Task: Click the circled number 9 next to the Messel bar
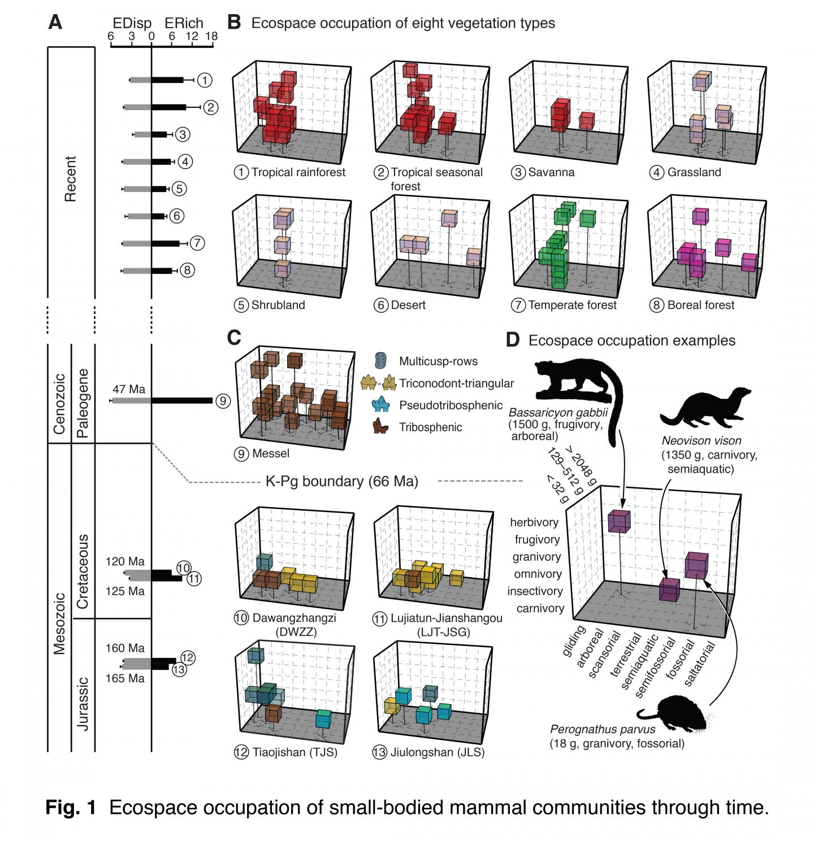tap(223, 401)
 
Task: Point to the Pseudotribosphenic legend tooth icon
tap(381, 405)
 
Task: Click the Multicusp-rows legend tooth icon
tap(381, 360)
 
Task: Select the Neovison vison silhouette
tap(704, 407)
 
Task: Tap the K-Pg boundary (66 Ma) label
tap(341, 481)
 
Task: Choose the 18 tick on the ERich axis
tap(211, 36)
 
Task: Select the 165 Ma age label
tap(125, 678)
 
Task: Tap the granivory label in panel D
tap(536, 557)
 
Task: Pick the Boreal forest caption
tap(700, 305)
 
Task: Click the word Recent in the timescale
tap(70, 178)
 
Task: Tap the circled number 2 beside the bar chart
tap(210, 107)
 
